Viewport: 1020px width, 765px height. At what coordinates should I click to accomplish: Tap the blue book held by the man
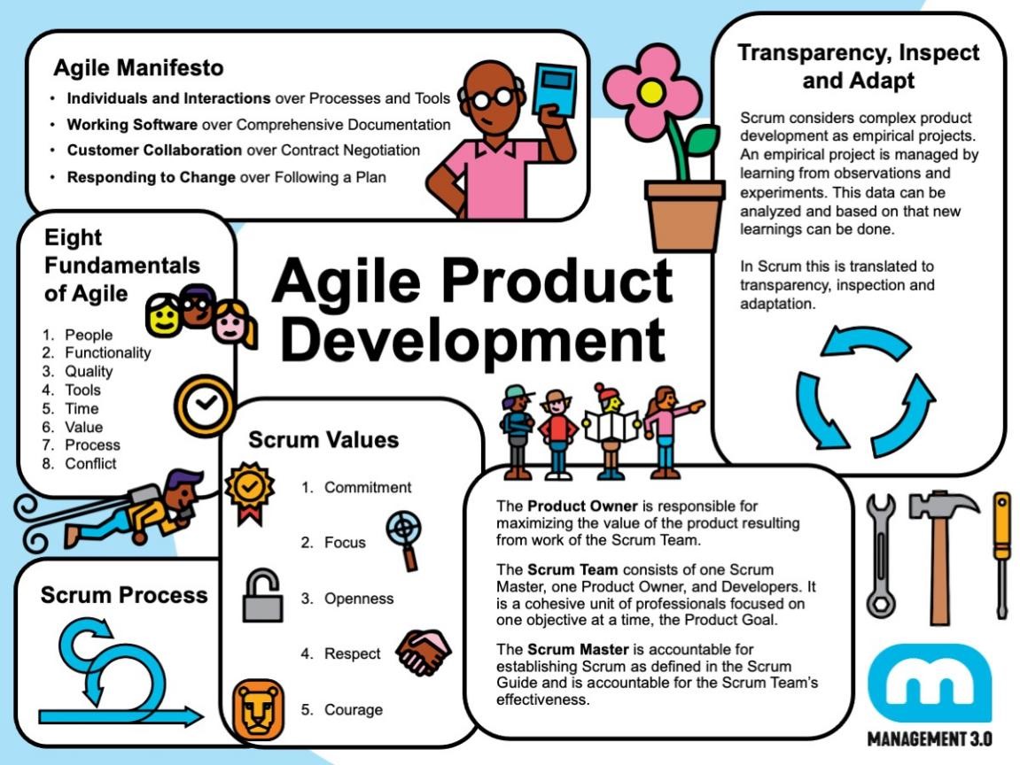pos(554,91)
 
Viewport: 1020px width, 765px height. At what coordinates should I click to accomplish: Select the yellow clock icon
pos(204,406)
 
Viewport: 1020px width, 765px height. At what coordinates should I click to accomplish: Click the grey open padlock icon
pos(263,595)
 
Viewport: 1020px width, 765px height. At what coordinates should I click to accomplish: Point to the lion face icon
pos(258,710)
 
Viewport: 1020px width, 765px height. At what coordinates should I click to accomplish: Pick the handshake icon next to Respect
pos(424,653)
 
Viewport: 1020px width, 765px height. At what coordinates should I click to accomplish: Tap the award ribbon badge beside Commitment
pos(250,492)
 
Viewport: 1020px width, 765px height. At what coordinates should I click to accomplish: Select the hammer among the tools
pos(940,556)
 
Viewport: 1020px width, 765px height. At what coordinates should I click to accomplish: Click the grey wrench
pos(881,556)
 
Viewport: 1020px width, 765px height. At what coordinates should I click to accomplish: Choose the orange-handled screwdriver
pos(1001,556)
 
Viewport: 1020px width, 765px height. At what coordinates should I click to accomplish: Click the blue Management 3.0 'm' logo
pos(930,683)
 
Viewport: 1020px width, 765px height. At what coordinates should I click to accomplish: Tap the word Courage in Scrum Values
pos(354,710)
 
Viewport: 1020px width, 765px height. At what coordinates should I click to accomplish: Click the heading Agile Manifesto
pos(138,67)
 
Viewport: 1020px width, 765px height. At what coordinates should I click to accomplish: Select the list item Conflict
pos(90,463)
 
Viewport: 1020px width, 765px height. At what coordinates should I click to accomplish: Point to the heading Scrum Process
pos(124,595)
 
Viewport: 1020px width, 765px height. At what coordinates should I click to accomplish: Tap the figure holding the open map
pos(610,431)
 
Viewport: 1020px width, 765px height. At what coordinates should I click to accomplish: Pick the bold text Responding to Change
pos(151,177)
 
